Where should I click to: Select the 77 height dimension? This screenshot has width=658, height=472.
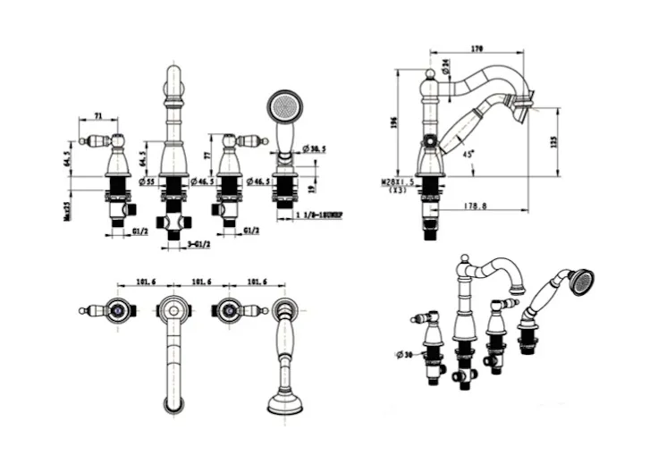click(207, 155)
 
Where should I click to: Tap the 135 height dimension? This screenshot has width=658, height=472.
click(555, 142)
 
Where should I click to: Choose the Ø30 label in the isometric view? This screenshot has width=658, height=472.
click(401, 355)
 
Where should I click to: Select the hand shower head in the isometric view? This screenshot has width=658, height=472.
click(581, 282)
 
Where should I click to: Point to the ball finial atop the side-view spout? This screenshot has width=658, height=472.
click(429, 72)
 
